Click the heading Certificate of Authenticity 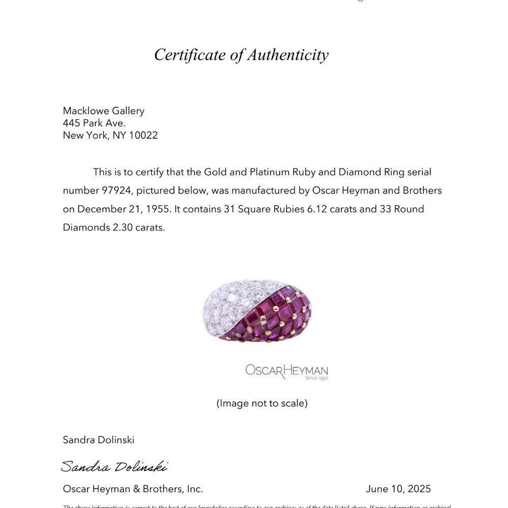[x=241, y=55]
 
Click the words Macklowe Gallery [x=104, y=111]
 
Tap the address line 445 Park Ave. [x=94, y=123]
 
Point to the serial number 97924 [x=116, y=190]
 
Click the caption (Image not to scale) [x=262, y=403]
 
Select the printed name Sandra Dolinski [x=99, y=440]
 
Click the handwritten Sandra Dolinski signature [x=114, y=466]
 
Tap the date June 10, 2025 [x=398, y=489]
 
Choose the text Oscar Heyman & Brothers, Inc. [x=133, y=489]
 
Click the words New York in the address [x=83, y=136]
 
